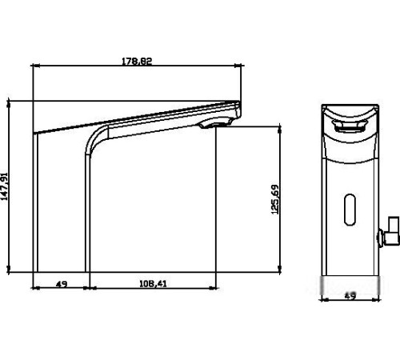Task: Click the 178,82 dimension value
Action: coord(137,62)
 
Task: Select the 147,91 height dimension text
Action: coord(5,186)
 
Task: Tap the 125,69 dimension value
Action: coord(274,199)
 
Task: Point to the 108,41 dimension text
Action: coord(153,284)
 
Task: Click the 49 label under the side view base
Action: coord(62,284)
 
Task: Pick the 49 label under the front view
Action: coord(350,296)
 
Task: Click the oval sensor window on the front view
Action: coord(350,210)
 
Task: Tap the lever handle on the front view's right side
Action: coord(389,232)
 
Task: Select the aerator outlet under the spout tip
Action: coord(215,124)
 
